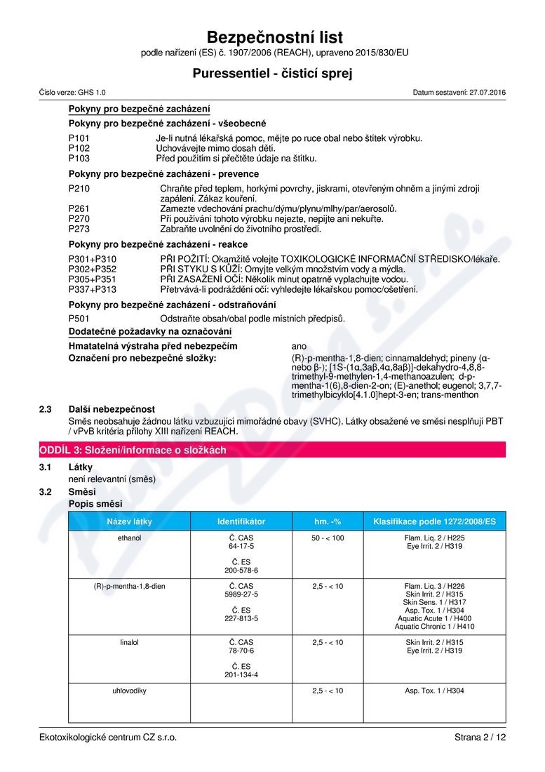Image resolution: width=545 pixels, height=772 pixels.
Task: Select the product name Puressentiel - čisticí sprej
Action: click(272, 73)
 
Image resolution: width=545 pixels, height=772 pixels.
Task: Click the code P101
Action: click(79, 138)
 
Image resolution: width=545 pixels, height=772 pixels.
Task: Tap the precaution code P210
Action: click(79, 189)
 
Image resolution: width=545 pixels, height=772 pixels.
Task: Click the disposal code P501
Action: click(79, 319)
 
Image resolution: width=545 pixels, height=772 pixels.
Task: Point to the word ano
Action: click(299, 347)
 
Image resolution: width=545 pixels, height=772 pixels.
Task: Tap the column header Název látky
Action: click(129, 521)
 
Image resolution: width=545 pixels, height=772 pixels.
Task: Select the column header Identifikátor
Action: click(241, 521)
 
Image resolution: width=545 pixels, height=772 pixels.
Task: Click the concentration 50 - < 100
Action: click(328, 538)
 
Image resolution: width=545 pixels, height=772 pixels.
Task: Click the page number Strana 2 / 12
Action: click(479, 737)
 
